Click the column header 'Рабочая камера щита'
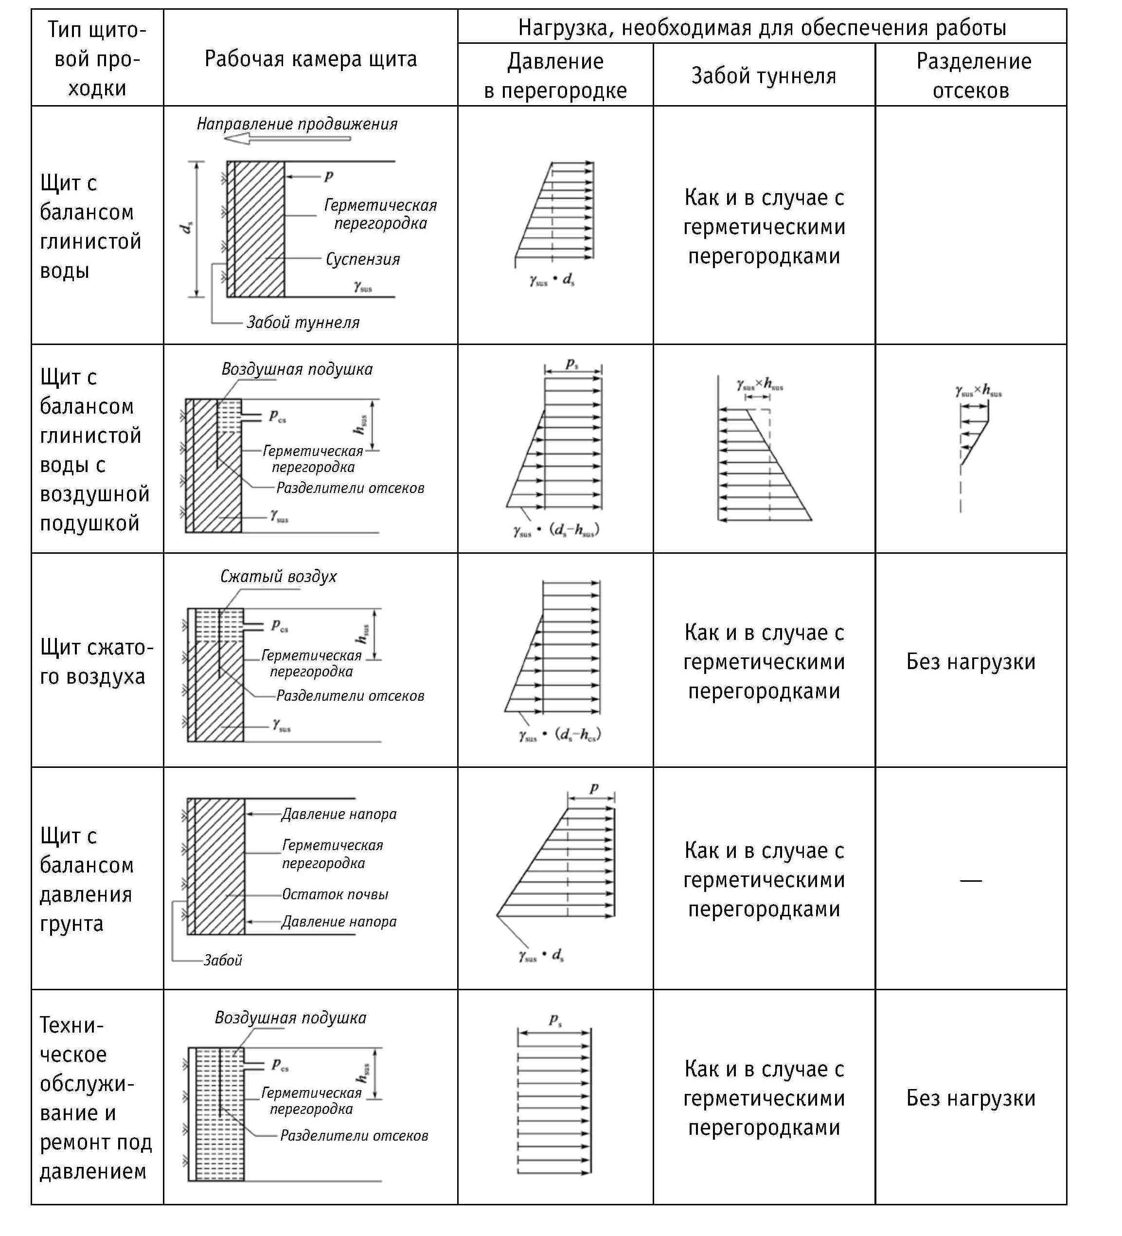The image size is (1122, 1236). [x=310, y=59]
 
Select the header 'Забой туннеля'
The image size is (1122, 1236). [x=763, y=75]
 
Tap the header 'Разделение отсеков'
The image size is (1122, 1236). [x=973, y=75]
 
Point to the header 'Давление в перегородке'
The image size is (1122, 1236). [x=555, y=75]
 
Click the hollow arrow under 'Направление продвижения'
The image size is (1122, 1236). [x=287, y=139]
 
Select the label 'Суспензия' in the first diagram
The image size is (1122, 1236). [x=363, y=259]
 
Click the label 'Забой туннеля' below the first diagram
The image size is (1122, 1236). [x=303, y=323]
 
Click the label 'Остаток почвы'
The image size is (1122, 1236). [x=335, y=894]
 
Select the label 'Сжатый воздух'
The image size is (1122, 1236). [x=278, y=576]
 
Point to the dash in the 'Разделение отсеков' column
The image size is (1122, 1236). [x=971, y=880]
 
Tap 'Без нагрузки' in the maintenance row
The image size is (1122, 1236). [x=971, y=1098]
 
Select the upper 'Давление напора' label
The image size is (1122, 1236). [x=339, y=814]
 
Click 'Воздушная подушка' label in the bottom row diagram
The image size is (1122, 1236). [x=290, y=1018]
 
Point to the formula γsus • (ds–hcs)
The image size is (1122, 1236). [x=559, y=734]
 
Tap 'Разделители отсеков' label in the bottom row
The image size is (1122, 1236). [x=354, y=1135]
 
